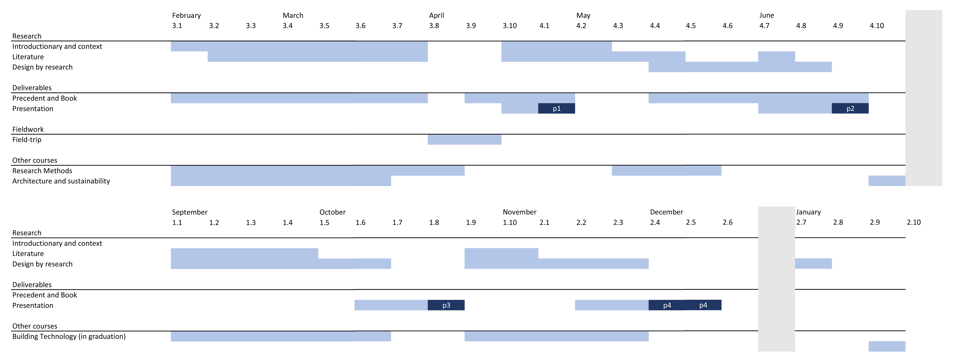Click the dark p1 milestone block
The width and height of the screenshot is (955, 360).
pyautogui.click(x=556, y=108)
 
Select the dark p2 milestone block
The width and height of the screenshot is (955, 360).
pyautogui.click(x=850, y=108)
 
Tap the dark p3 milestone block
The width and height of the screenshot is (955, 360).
pyautogui.click(x=446, y=305)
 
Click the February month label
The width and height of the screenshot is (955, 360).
pyautogui.click(x=186, y=15)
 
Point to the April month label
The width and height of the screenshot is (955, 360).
pyautogui.click(x=436, y=15)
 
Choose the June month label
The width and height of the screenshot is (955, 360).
pyautogui.click(x=766, y=15)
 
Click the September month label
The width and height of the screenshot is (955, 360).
pyautogui.click(x=189, y=212)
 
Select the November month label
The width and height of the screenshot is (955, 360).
pyautogui.click(x=519, y=212)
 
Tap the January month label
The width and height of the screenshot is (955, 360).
pyautogui.click(x=808, y=212)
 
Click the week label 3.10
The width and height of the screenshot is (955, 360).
pyautogui.click(x=509, y=26)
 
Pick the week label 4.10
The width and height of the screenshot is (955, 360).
pyautogui.click(x=877, y=26)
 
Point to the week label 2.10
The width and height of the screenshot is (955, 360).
pyautogui.click(x=913, y=222)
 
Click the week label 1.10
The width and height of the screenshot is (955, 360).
pyautogui.click(x=509, y=222)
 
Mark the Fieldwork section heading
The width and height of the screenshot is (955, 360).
pyautogui.click(x=28, y=129)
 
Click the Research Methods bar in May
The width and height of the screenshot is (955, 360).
pyautogui.click(x=666, y=171)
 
